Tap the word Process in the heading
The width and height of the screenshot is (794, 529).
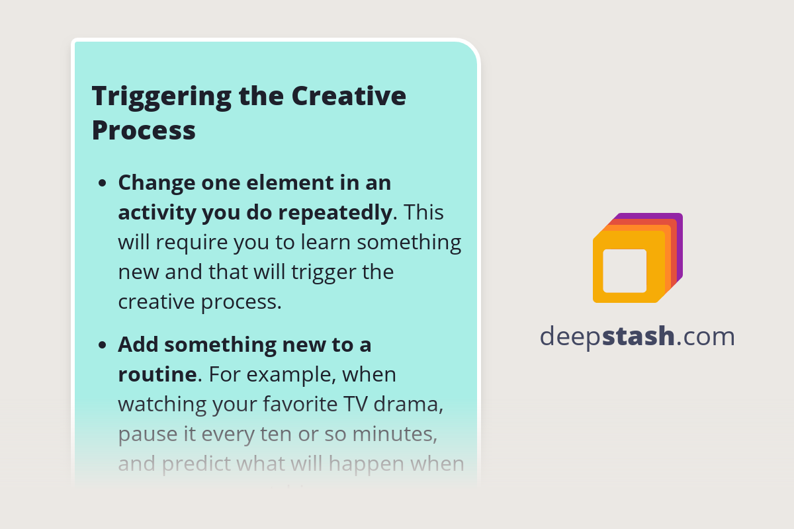(x=144, y=130)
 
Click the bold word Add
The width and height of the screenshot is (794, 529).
(x=138, y=345)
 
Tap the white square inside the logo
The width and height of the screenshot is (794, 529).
(x=625, y=271)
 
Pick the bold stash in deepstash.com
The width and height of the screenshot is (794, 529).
(x=639, y=337)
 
